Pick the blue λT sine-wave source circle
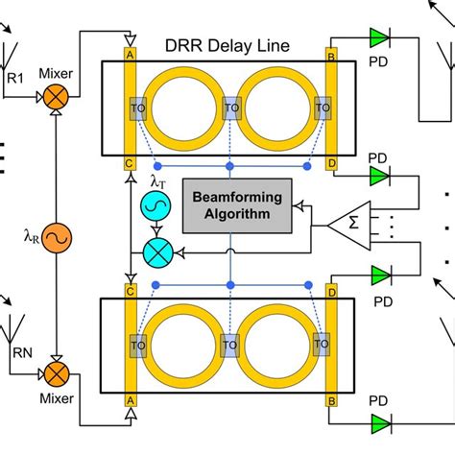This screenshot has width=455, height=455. (154, 206)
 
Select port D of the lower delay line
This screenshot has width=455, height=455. (332, 288)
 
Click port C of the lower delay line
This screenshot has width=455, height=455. (128, 288)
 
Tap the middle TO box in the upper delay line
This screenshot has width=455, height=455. (230, 109)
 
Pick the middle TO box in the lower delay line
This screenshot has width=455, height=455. (230, 343)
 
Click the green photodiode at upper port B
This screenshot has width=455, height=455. (380, 37)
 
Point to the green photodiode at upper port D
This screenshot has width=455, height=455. (380, 176)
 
